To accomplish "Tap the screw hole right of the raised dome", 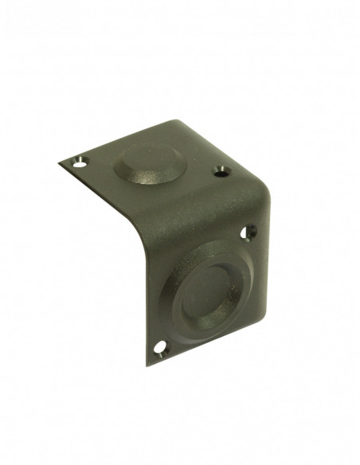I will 221,170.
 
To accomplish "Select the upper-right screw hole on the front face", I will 249,232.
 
